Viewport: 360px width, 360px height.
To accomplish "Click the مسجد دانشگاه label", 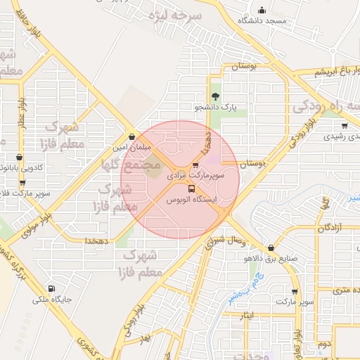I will click(x=263, y=21).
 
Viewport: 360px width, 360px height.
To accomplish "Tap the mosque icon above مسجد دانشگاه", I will click(x=262, y=11).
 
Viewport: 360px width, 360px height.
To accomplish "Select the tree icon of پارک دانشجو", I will click(x=215, y=97).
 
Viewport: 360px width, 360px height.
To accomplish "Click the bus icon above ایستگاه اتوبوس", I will click(x=191, y=188).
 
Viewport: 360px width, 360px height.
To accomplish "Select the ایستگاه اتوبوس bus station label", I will click(x=191, y=200).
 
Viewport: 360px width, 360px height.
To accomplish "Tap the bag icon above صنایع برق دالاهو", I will click(x=271, y=247).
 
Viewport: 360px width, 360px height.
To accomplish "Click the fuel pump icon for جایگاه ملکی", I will click(x=51, y=289).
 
